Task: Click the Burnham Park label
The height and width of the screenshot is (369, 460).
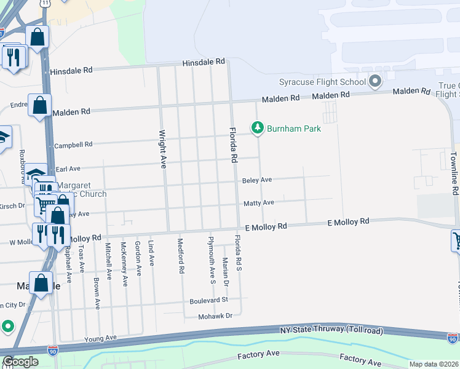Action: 294,129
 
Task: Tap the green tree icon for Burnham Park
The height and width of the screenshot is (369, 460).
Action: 258,128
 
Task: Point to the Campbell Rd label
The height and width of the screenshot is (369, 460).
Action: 73,145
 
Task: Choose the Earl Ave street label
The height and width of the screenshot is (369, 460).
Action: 68,169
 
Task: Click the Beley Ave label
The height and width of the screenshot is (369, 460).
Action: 257,180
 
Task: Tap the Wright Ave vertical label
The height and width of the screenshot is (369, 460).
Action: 163,148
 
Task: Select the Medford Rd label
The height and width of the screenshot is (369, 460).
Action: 181,255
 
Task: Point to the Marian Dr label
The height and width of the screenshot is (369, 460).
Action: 226,271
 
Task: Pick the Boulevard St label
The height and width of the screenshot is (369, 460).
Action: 208,300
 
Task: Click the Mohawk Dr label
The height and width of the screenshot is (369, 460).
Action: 215,316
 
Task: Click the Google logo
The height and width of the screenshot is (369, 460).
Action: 20,362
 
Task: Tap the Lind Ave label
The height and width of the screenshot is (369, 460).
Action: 151,253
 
